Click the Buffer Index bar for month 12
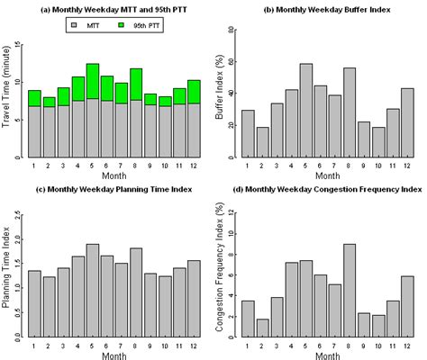(x=407, y=122)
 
